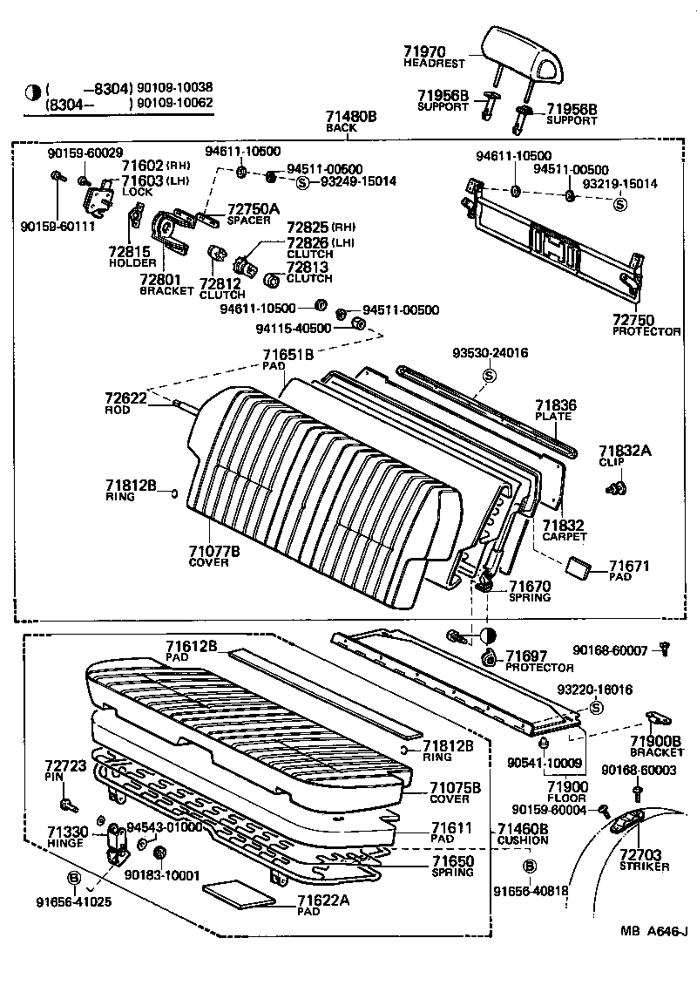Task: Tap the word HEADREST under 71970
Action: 434,65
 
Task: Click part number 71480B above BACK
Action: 351,116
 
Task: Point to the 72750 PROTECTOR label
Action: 646,326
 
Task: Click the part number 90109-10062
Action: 172,104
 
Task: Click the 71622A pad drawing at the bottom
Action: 236,893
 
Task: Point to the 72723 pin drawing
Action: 68,803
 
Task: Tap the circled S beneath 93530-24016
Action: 489,375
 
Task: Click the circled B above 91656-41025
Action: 74,877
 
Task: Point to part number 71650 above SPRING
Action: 452,861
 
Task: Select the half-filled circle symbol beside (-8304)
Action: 33,90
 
